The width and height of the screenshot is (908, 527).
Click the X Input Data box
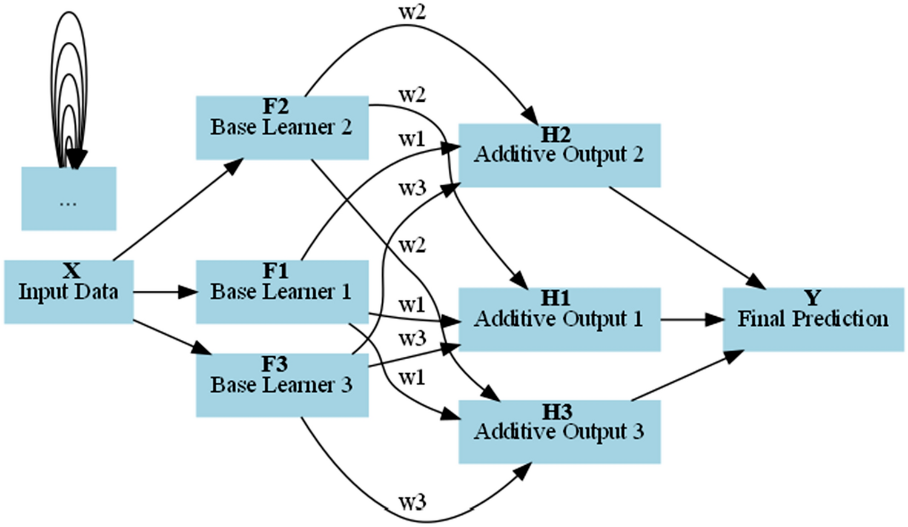[68, 291]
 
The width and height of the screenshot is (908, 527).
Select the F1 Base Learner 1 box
[282, 291]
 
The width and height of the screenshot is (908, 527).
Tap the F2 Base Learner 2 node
[282, 127]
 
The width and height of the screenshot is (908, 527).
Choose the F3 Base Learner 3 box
[282, 385]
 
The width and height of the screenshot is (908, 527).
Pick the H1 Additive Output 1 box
[558, 319]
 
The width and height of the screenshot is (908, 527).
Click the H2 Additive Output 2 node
[558, 155]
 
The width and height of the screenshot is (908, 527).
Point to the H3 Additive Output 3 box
[558, 431]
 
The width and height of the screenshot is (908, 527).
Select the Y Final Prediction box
[813, 319]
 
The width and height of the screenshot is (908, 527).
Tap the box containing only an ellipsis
[68, 198]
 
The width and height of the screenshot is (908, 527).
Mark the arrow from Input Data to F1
[164, 292]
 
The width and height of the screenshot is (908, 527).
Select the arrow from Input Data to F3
[170, 336]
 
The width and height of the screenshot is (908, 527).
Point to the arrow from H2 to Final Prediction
[684, 236]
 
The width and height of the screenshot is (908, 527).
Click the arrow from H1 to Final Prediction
[691, 319]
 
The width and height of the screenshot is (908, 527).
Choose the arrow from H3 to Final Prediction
[684, 376]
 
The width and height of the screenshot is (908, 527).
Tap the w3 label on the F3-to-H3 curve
[413, 502]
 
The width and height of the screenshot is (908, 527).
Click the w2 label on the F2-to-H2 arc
[413, 12]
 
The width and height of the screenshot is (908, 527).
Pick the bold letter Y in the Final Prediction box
[812, 298]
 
